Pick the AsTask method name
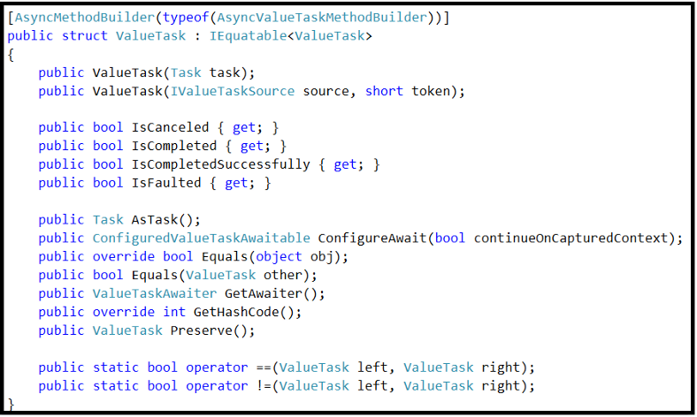155,220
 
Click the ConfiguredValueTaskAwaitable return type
202,239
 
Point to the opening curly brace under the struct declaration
11,55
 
